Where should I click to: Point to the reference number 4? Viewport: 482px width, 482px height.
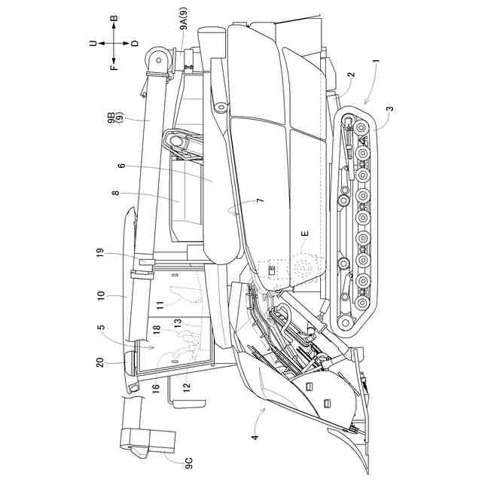click(255, 436)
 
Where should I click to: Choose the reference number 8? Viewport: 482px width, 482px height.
click(114, 194)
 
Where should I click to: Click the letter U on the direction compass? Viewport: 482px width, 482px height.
click(93, 44)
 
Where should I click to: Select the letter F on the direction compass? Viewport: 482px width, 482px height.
click(114, 66)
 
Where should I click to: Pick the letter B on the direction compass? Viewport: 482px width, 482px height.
click(114, 18)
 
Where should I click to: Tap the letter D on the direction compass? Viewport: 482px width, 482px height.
click(135, 44)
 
